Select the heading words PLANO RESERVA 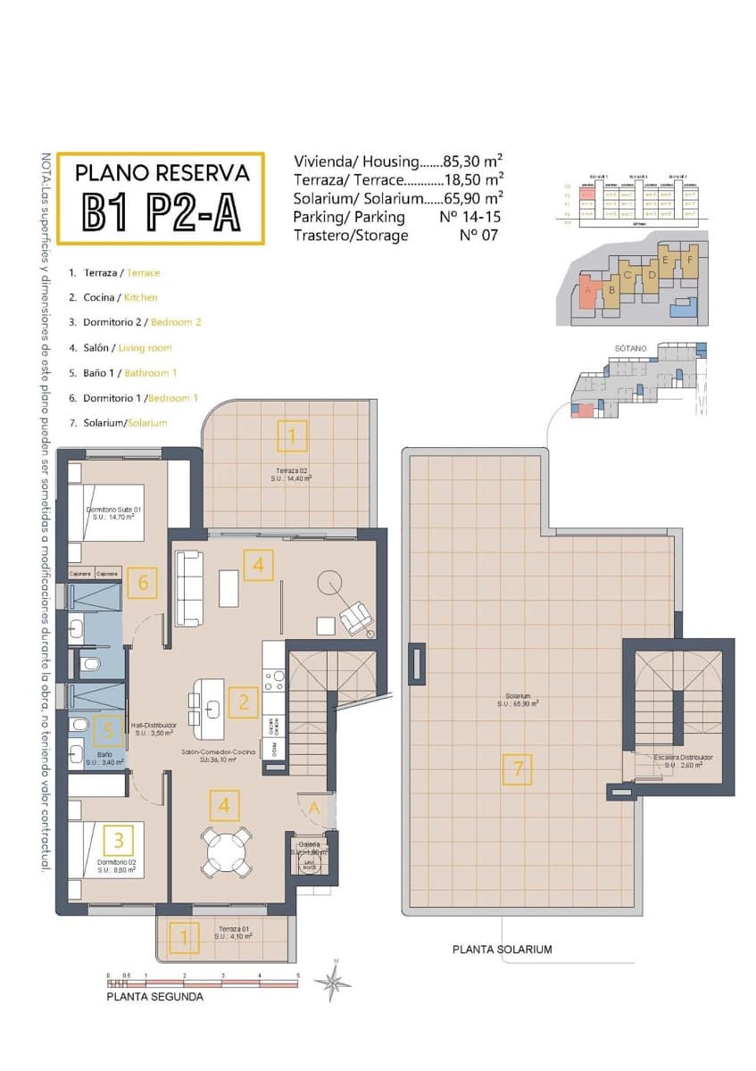[x=161, y=172]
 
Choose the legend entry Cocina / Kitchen [x=113, y=297]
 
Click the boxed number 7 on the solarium [x=517, y=769]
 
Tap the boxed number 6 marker [x=143, y=585]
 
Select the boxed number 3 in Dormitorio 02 [x=119, y=839]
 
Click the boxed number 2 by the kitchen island [x=243, y=701]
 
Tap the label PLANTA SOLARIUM [x=502, y=950]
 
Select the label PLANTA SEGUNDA [x=154, y=997]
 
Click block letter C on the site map [x=628, y=275]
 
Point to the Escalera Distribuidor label [x=683, y=757]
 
